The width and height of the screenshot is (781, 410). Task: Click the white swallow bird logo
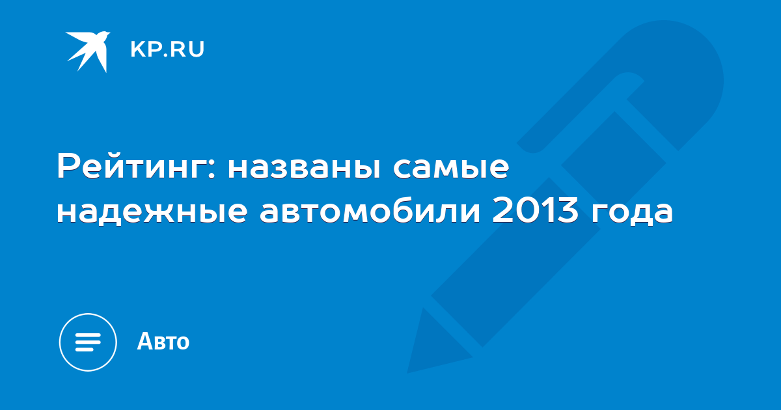click(89, 51)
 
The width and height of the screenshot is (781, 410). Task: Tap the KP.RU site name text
click(167, 49)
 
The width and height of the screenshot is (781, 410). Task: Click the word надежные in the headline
click(152, 212)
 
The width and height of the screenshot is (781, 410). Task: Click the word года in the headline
click(632, 212)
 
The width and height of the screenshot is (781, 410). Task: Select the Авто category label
click(163, 341)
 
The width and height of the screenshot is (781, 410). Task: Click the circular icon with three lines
click(88, 342)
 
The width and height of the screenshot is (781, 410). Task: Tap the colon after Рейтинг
click(211, 168)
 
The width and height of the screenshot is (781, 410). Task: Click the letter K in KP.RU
click(138, 49)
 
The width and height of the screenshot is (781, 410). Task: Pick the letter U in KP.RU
click(197, 49)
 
